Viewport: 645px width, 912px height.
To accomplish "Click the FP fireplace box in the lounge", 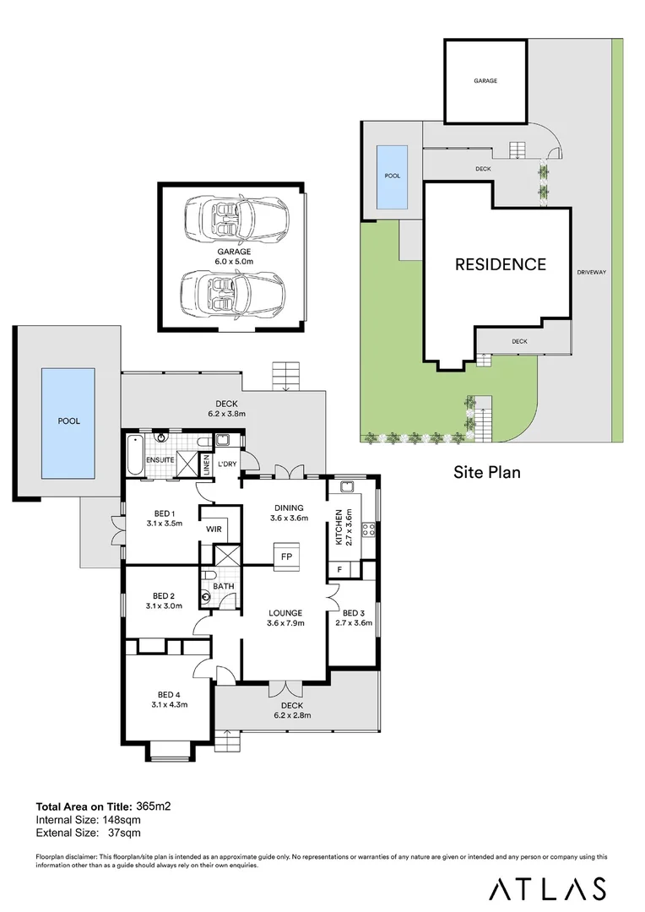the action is pyautogui.click(x=287, y=556).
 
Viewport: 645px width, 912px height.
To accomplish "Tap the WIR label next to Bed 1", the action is pyautogui.click(x=214, y=529).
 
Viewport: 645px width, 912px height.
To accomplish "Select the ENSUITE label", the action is pyautogui.click(x=160, y=460).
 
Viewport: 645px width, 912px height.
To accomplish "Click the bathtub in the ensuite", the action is pyautogui.click(x=135, y=454).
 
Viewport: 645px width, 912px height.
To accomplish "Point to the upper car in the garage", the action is pyautogui.click(x=235, y=218).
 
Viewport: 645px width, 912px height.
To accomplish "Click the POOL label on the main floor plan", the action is pyautogui.click(x=68, y=421).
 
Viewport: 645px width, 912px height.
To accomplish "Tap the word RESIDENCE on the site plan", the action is pyautogui.click(x=500, y=264).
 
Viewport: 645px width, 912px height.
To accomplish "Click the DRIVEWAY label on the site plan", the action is pyautogui.click(x=592, y=272).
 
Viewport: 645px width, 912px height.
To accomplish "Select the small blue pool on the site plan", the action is pyautogui.click(x=393, y=176).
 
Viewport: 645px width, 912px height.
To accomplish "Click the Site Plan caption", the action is pyautogui.click(x=487, y=472).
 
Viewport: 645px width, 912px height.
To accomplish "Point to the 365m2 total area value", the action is pyautogui.click(x=154, y=806).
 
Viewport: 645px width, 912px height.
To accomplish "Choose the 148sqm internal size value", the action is pyautogui.click(x=121, y=819).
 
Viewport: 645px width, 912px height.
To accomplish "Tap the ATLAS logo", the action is pyautogui.click(x=547, y=888).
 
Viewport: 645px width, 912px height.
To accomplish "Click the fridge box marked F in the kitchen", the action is pyautogui.click(x=339, y=569).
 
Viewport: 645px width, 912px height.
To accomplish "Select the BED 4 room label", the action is pyautogui.click(x=169, y=694).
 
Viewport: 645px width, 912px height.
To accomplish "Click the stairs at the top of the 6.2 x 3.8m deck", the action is pyautogui.click(x=285, y=376).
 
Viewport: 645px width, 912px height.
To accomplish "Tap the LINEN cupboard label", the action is pyautogui.click(x=206, y=465).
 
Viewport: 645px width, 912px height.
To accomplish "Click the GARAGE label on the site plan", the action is pyautogui.click(x=485, y=81).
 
